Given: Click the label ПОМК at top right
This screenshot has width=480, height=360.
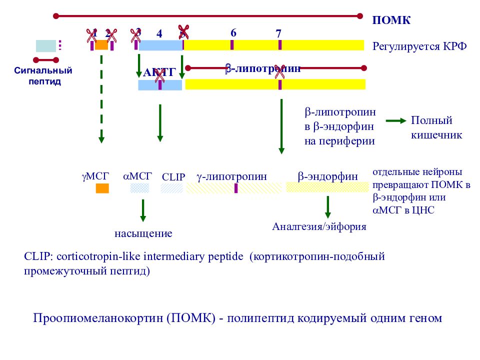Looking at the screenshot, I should point(391,20).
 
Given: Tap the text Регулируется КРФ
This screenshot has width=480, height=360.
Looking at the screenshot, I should point(419,46).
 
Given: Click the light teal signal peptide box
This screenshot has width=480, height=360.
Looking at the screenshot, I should point(46,46).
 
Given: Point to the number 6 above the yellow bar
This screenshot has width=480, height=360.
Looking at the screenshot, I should point(233,32).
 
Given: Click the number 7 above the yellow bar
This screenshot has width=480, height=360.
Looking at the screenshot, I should point(278,33).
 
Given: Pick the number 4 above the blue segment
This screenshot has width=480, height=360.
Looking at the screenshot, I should point(159,34).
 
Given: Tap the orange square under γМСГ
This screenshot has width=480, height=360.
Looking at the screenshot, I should point(102,188).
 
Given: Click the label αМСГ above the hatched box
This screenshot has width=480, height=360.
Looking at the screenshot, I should point(137,176).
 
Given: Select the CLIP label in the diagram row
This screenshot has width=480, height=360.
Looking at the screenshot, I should point(173,177).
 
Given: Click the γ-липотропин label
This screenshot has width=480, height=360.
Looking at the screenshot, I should point(231,176).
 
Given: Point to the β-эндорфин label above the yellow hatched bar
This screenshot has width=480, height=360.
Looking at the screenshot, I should point(328,176).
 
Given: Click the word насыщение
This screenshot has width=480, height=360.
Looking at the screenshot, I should point(143,233).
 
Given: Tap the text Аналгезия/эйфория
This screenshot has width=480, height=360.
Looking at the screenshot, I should point(319,226).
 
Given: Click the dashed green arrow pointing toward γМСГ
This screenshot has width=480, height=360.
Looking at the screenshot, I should point(101,97).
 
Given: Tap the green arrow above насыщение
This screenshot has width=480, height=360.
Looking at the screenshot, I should point(143,210).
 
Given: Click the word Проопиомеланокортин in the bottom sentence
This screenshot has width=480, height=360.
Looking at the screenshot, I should point(98,318).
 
